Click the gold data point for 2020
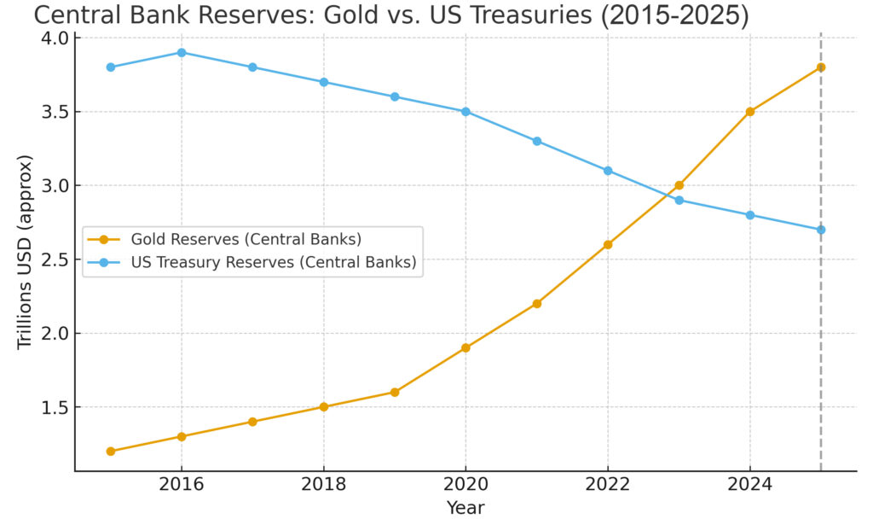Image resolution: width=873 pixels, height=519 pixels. coord(465,347)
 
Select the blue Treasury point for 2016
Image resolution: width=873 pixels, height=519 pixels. coord(181,52)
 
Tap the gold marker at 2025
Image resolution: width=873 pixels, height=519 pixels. coord(821,67)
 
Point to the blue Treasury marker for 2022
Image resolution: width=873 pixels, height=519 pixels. coord(608,171)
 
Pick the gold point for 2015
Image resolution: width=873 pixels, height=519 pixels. coord(110,451)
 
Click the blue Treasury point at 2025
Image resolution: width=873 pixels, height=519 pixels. coord(821,230)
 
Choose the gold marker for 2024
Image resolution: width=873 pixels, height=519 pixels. coord(750,111)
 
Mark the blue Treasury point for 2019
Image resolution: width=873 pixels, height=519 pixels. coord(395,96)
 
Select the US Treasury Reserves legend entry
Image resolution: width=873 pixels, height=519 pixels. coord(273,263)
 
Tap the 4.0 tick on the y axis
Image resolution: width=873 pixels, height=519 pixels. coord(54,38)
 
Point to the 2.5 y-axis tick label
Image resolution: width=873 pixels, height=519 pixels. coord(54,259)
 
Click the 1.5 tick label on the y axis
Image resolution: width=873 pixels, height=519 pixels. coord(54,407)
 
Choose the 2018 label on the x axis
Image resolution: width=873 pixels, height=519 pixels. coord(323,485)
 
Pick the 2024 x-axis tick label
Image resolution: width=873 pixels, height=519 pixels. coord(750,485)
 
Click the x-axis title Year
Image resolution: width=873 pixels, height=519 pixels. coord(465,508)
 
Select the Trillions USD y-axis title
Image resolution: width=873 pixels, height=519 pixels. coord(25,252)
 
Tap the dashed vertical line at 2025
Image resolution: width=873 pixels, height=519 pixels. coord(821,341)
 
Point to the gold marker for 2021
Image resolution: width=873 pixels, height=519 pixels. coord(537,303)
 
